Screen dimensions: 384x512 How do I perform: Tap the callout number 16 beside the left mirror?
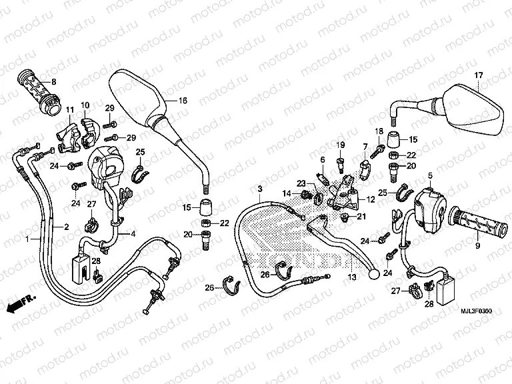183,100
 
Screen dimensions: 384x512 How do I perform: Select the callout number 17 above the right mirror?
477,75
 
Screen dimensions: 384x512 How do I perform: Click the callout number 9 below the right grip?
477,246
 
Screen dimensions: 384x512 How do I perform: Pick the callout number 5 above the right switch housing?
431,175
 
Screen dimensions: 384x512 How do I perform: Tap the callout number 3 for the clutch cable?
260,171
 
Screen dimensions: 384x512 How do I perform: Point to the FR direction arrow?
20,303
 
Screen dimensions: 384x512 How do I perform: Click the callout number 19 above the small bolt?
339,145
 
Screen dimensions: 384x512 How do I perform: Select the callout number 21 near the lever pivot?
361,216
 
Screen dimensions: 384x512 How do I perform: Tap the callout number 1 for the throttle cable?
27,238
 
